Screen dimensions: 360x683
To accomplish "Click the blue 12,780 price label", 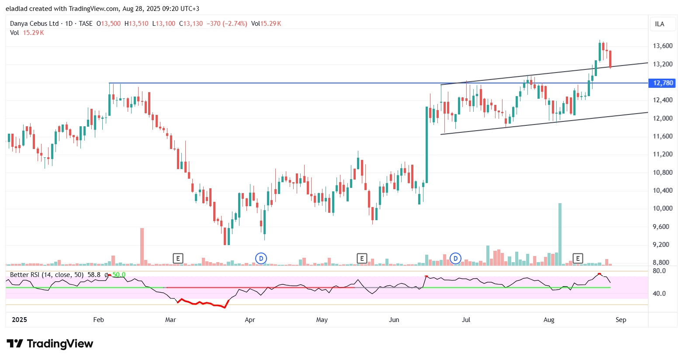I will coord(663,83).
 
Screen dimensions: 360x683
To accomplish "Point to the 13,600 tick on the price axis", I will coord(662,46).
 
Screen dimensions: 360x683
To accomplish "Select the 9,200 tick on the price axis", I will coord(662,245).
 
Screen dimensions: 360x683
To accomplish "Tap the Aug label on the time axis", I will coord(549,320).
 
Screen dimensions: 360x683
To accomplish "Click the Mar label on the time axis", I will coord(170,320).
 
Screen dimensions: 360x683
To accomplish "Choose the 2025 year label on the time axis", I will coord(19,320).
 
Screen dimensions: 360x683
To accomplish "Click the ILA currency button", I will coord(659,24).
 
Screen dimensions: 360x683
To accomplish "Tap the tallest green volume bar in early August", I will coord(560,234).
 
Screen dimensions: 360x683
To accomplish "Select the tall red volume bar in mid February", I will coord(142,246).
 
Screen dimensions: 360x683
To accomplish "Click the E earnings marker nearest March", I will coord(178,258).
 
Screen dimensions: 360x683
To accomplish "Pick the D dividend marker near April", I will coord(261,258).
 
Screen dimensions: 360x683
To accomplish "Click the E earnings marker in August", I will coord(578,258).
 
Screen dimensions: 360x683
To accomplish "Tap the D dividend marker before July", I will coord(455,258).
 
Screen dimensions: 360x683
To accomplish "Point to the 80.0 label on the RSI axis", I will coord(659,271).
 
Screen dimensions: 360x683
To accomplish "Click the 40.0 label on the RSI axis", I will coord(659,294).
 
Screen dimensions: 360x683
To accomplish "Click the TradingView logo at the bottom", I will coord(50,344).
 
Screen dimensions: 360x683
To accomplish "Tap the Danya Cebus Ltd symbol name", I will coord(34,24).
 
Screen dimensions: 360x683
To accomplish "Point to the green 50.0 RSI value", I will coord(119,275).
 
